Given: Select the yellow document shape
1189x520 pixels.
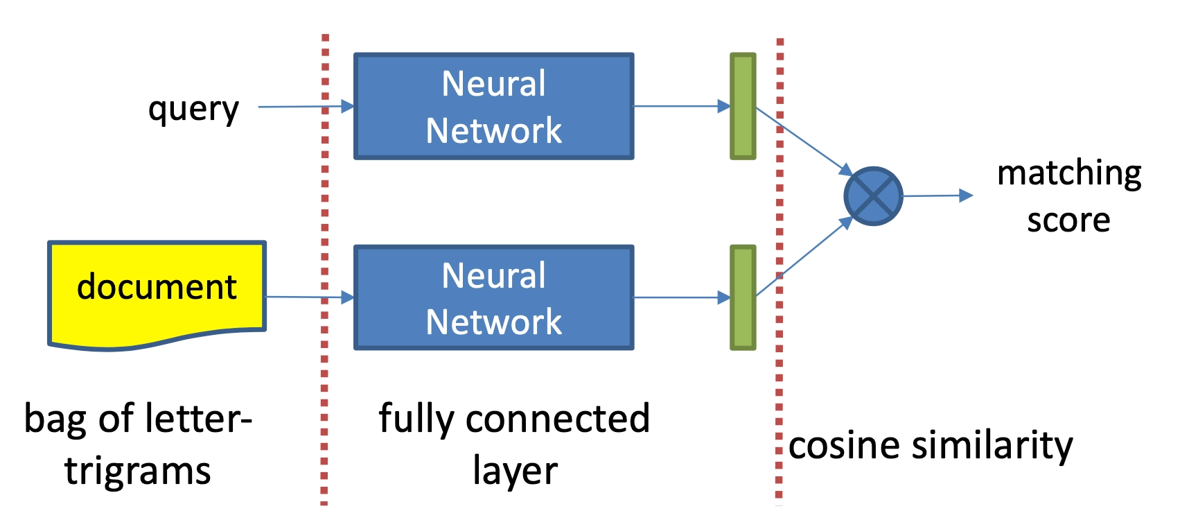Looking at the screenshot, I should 157,291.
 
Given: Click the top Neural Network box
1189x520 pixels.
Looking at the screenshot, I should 493,106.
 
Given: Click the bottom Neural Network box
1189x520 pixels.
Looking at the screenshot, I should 493,297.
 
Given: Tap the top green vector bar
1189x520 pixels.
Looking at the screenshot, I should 743,106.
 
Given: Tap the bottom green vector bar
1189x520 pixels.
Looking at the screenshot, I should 743,297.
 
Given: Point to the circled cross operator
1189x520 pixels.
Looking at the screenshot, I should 873,196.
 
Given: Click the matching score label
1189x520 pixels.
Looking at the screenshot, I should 1068,196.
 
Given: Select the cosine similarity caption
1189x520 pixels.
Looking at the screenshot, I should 931,445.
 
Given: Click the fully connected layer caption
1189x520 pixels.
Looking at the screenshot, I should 514,444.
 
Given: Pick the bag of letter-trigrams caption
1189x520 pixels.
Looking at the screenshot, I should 138,444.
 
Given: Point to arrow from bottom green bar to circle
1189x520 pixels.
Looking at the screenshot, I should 804,257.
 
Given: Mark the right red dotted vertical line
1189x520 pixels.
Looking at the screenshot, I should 780,361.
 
